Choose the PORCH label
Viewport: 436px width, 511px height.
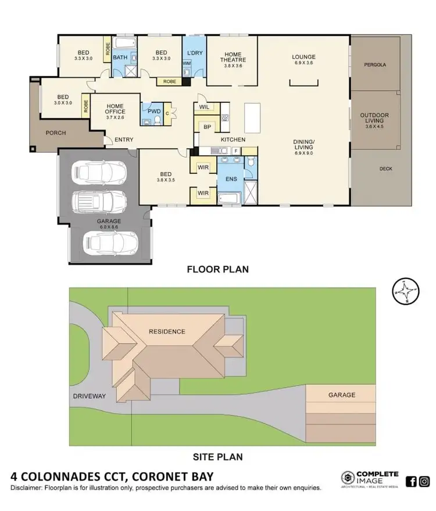[56, 133]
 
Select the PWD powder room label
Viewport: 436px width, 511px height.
[154, 111]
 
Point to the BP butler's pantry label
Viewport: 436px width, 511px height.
[206, 126]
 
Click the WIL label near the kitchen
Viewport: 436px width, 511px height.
[204, 108]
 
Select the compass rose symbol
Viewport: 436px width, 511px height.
[406, 291]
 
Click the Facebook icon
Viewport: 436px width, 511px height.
[411, 481]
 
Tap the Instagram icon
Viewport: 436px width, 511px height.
[424, 481]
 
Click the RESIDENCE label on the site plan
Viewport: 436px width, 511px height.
[166, 332]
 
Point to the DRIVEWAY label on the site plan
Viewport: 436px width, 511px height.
[89, 396]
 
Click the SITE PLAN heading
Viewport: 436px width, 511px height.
[217, 456]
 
